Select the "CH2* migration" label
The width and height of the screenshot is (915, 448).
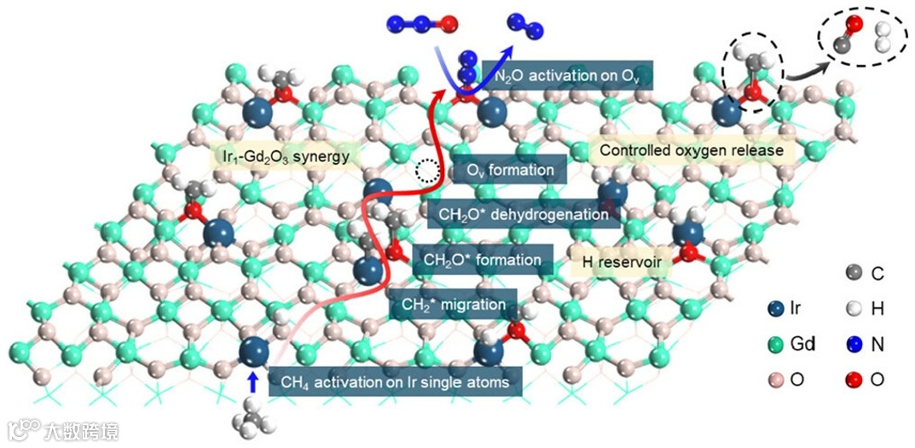tap(458, 304)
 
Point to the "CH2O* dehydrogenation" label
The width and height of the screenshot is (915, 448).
tap(524, 214)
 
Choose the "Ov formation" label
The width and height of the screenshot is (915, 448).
tap(509, 170)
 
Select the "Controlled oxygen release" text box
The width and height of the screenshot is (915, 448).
tap(691, 151)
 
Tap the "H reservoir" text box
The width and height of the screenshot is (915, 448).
tap(621, 263)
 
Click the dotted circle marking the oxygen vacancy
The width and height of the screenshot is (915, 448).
tap(426, 172)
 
